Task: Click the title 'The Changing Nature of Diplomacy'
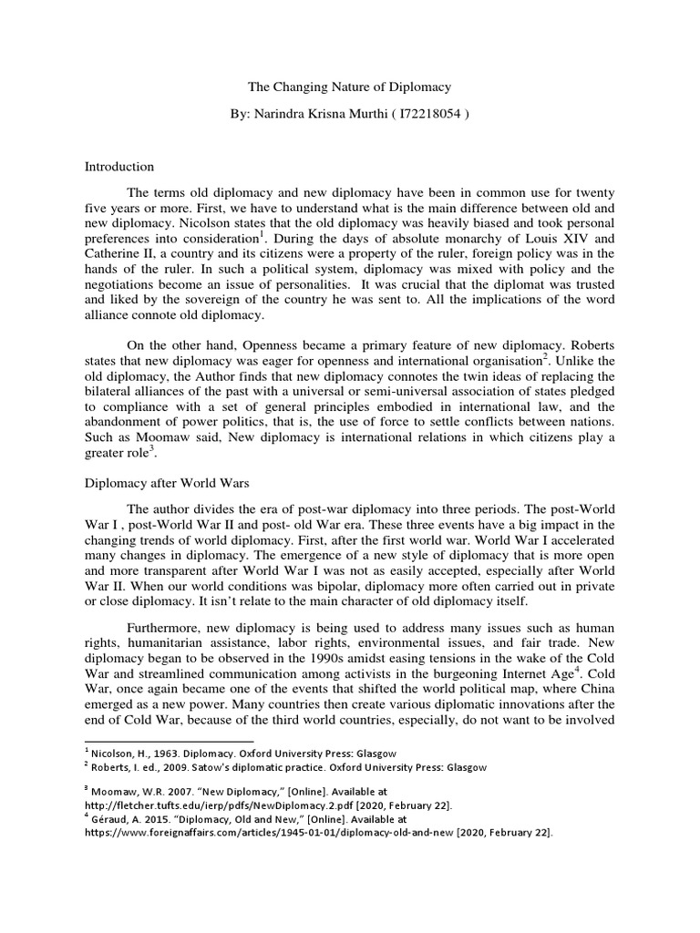tap(350, 87)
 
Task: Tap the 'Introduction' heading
tap(119, 167)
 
